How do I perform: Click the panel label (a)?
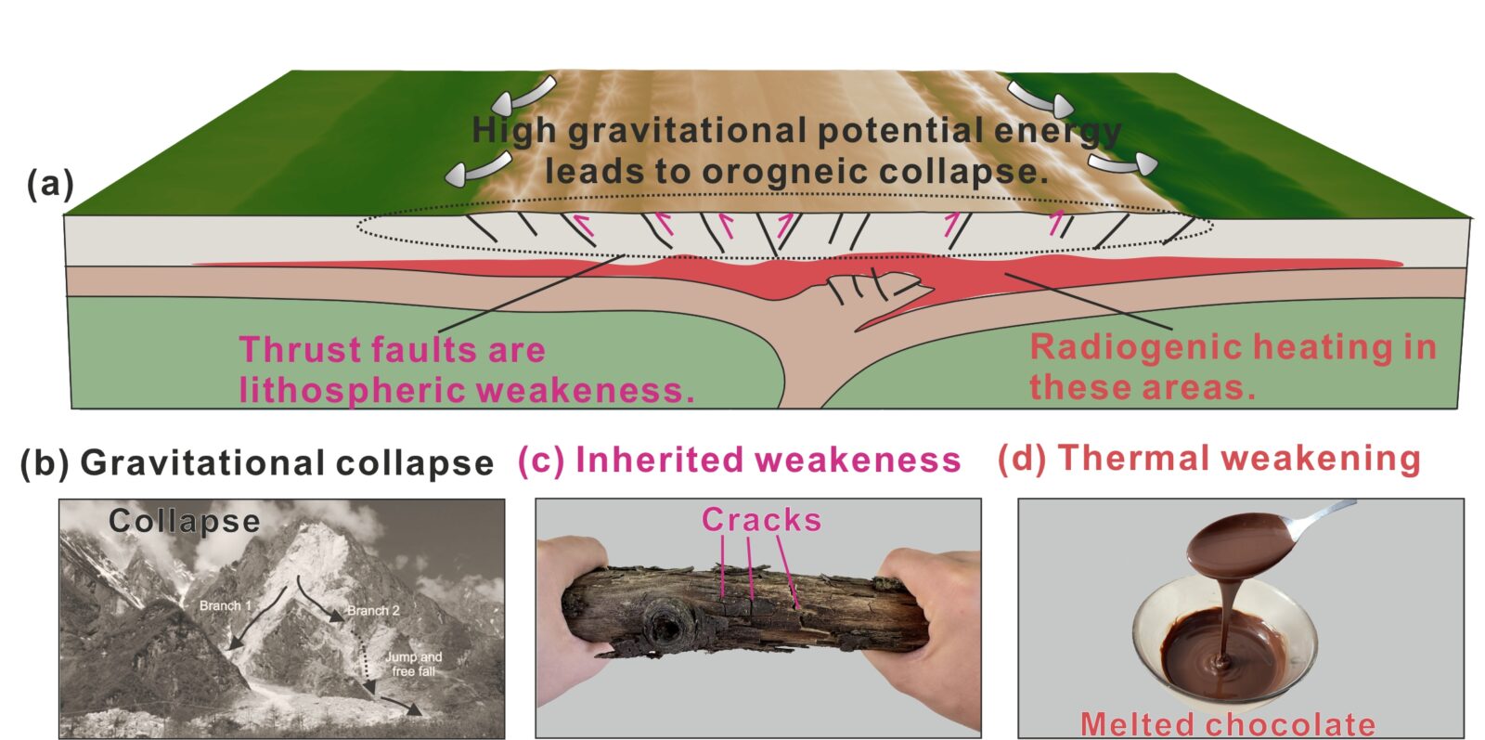click(50, 185)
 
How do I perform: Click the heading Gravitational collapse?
click(287, 462)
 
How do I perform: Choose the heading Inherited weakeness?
click(768, 460)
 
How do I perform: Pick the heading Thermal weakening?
click(1239, 458)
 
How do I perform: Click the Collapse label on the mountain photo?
click(185, 521)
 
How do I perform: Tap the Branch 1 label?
click(226, 605)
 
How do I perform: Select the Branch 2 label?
click(373, 611)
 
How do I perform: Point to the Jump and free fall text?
click(414, 664)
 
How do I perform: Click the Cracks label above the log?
click(762, 520)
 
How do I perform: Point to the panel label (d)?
click(1022, 459)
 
